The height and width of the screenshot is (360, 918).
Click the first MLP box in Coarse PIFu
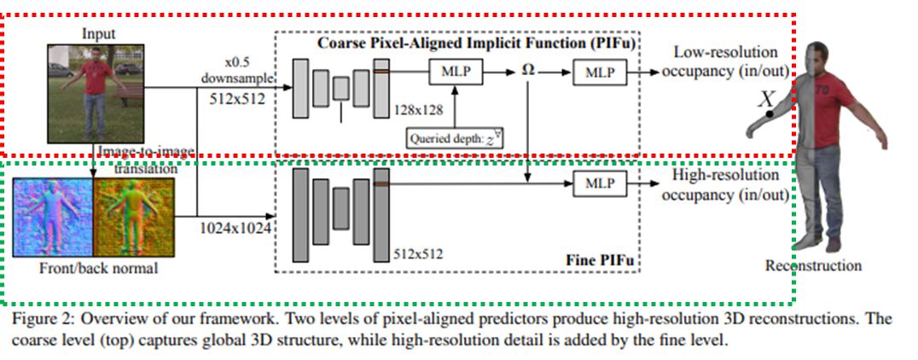[456, 74]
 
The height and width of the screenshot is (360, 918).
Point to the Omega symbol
[527, 72]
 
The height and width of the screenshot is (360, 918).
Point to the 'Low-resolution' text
[725, 53]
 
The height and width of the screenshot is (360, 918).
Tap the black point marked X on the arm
[770, 113]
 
